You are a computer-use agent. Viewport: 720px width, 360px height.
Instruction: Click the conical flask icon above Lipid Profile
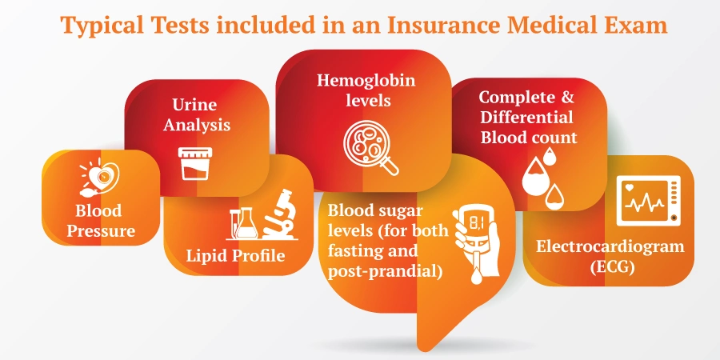[246, 223]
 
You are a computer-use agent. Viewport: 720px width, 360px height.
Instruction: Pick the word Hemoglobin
[366, 80]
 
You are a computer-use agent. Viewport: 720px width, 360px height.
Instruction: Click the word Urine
[194, 105]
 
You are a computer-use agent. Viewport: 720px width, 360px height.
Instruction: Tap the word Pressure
[101, 230]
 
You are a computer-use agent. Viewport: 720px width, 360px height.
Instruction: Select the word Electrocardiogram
[610, 246]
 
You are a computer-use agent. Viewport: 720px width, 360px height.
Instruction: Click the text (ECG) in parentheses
[612, 266]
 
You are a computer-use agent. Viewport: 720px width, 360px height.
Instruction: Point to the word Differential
[526, 117]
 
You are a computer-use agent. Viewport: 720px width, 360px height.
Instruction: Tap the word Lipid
[206, 255]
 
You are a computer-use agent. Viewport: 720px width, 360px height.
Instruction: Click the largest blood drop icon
[535, 177]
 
